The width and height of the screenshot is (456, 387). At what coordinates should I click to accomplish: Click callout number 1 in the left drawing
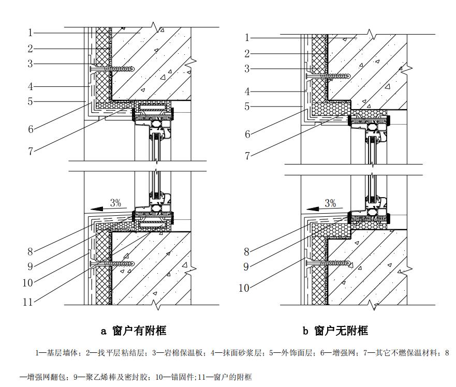tap(31, 33)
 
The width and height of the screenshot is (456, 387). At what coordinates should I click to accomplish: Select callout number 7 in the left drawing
tap(31, 151)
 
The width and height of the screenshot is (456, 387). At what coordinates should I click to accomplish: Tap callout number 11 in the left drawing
tap(28, 302)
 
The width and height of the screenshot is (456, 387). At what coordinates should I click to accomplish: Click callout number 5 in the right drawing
tap(247, 107)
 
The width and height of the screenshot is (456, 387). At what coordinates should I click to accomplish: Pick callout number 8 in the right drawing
tap(247, 252)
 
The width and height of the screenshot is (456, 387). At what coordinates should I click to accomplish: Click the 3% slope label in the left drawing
tap(115, 203)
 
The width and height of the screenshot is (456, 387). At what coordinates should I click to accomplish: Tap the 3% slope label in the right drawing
tap(330, 203)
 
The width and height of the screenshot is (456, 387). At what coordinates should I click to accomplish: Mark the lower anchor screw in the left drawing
tap(112, 263)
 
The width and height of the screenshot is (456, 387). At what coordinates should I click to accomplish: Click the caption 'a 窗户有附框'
tap(133, 330)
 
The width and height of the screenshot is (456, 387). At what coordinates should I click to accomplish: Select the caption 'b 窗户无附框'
tap(335, 330)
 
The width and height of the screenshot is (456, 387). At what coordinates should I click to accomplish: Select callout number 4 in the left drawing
tap(31, 86)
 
